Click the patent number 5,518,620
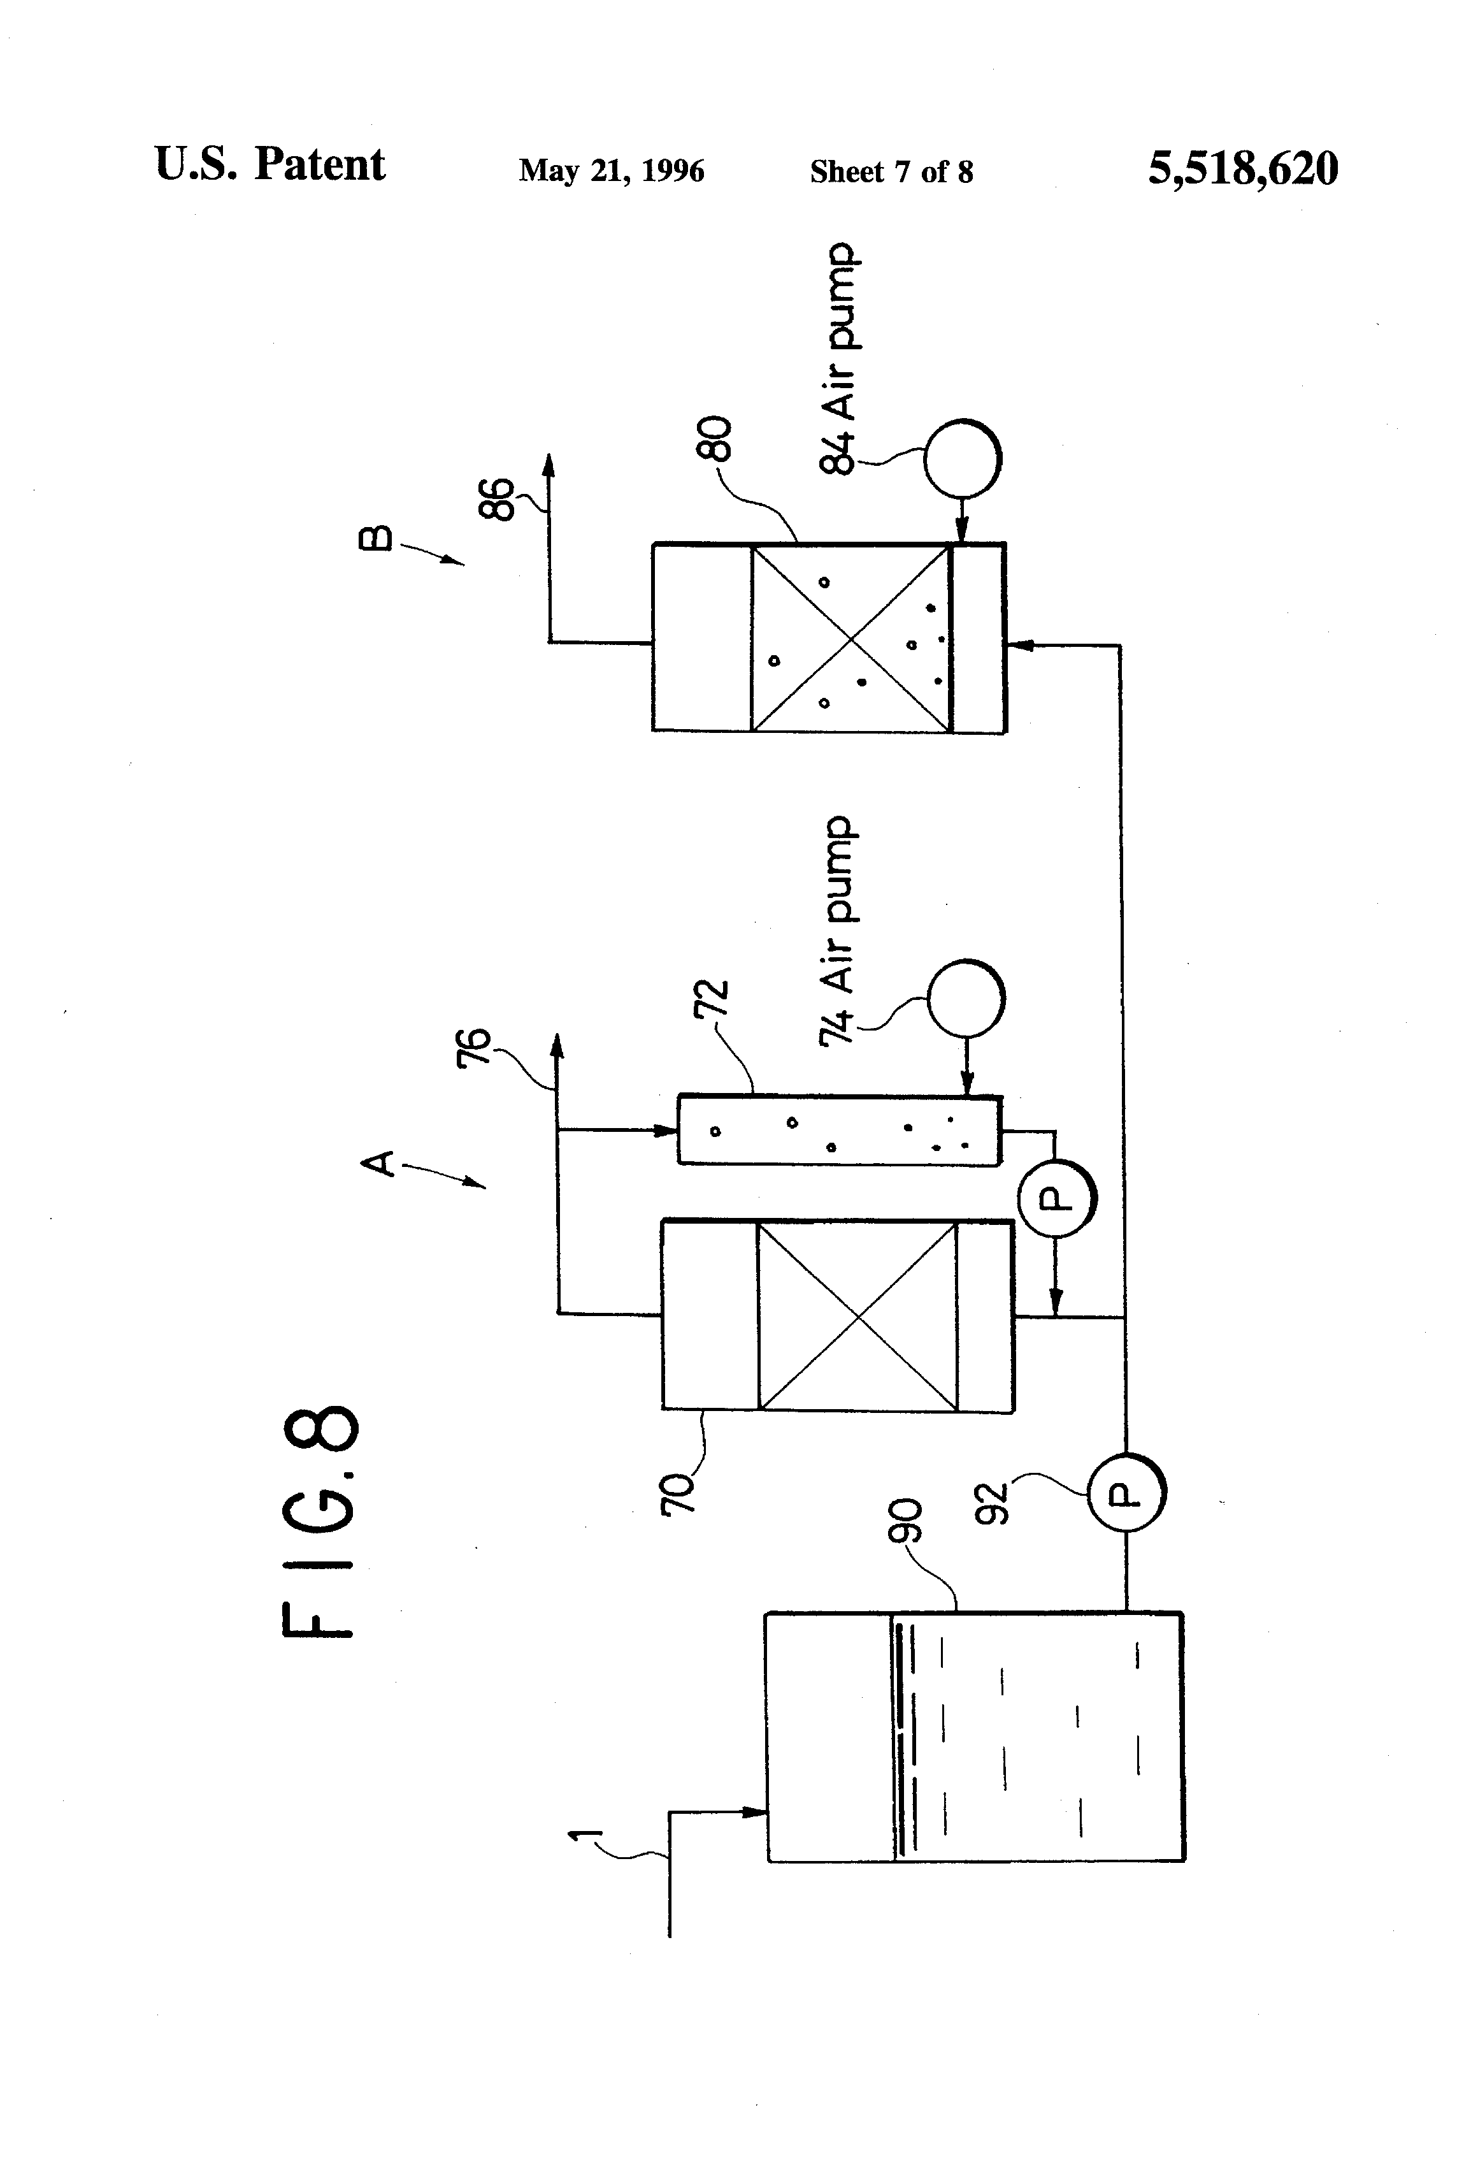click(1242, 169)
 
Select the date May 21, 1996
click(611, 170)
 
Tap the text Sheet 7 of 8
click(891, 171)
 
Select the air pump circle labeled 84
click(962, 458)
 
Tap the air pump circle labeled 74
click(966, 998)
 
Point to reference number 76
click(474, 1046)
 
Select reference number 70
click(678, 1493)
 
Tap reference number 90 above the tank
click(905, 1521)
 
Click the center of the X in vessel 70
click(857, 1316)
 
